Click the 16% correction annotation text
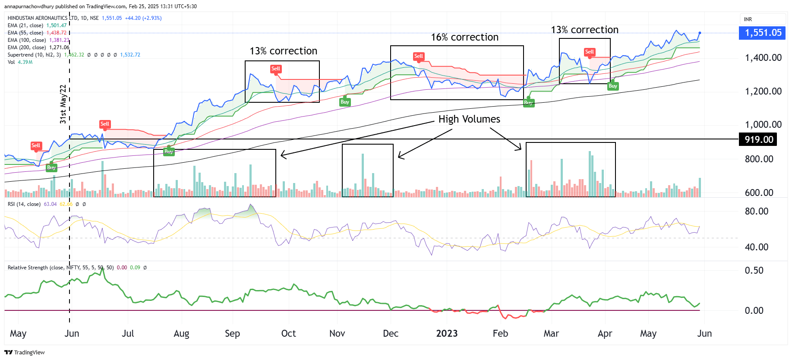coord(464,38)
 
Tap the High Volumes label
coord(469,119)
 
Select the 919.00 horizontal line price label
coord(758,139)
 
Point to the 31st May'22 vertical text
coord(63,104)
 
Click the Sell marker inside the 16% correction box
coord(419,56)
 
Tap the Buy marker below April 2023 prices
coord(612,86)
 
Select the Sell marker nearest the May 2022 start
coord(36,145)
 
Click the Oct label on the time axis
coord(288,334)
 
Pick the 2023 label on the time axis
coord(447,334)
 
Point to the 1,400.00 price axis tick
coord(763,58)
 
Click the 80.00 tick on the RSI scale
coord(756,212)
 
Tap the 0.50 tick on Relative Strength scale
coord(754,271)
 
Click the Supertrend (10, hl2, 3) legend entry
coord(34,55)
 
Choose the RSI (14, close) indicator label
coord(24,204)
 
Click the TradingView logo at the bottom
coord(25,352)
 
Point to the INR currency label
coord(748,19)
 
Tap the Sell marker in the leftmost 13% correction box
coord(276,69)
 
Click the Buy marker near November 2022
coord(344,102)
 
